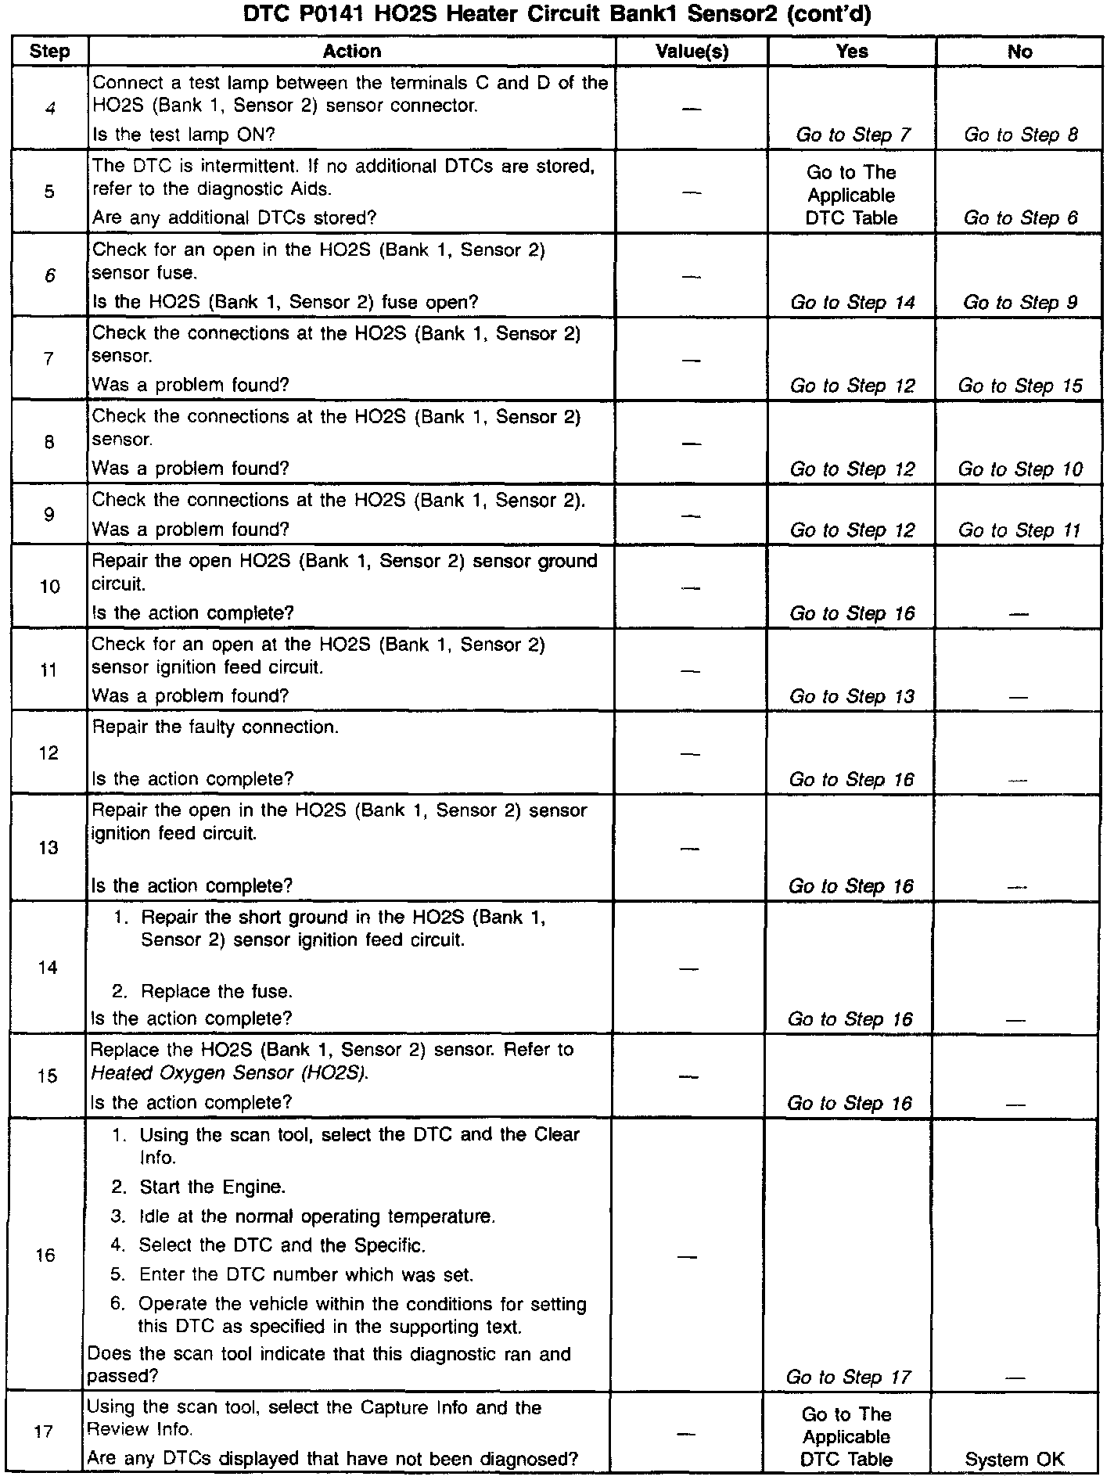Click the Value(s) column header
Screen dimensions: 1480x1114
692,52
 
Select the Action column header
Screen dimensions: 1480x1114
352,52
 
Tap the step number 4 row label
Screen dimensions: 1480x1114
50,108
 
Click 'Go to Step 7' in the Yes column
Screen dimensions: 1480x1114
853,135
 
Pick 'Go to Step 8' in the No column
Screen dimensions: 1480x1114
1020,135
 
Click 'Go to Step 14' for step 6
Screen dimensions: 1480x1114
852,303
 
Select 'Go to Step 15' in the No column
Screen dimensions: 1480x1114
1020,386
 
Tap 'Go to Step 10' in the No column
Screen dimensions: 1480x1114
1020,469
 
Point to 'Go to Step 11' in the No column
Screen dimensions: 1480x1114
1019,530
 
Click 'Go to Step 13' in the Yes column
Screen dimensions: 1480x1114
852,697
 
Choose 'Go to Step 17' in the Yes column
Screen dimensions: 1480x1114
849,1377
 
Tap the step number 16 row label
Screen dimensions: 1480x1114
47,1255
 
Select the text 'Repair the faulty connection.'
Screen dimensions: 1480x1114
216,727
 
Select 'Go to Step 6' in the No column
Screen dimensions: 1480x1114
1020,218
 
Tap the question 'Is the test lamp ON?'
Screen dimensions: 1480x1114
184,135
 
